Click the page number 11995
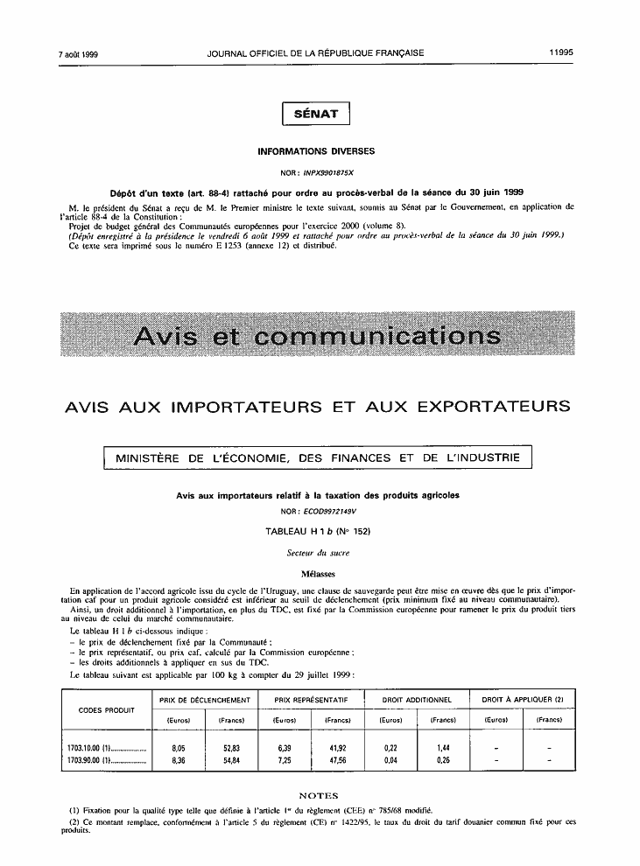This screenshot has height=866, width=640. coord(561,52)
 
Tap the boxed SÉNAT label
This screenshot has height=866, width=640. coord(316,114)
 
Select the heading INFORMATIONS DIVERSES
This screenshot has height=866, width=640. coord(316,151)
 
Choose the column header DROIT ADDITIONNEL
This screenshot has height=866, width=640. coord(418,701)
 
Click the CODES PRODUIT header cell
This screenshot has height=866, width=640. coord(107,709)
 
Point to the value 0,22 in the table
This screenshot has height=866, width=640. coord(391,749)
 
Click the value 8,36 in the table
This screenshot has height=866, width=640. coord(179,761)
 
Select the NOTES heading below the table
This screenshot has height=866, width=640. coord(319,795)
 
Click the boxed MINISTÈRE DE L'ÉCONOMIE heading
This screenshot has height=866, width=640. coord(317,457)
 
